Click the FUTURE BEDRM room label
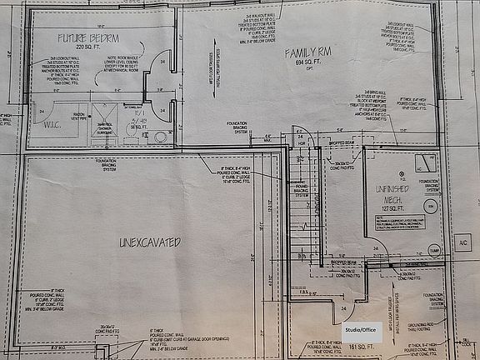click(x=88, y=38)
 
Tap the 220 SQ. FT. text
click(x=87, y=48)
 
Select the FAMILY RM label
click(x=302, y=53)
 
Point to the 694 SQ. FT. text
click(x=302, y=64)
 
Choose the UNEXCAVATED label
click(x=150, y=242)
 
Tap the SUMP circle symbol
click(x=433, y=249)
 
